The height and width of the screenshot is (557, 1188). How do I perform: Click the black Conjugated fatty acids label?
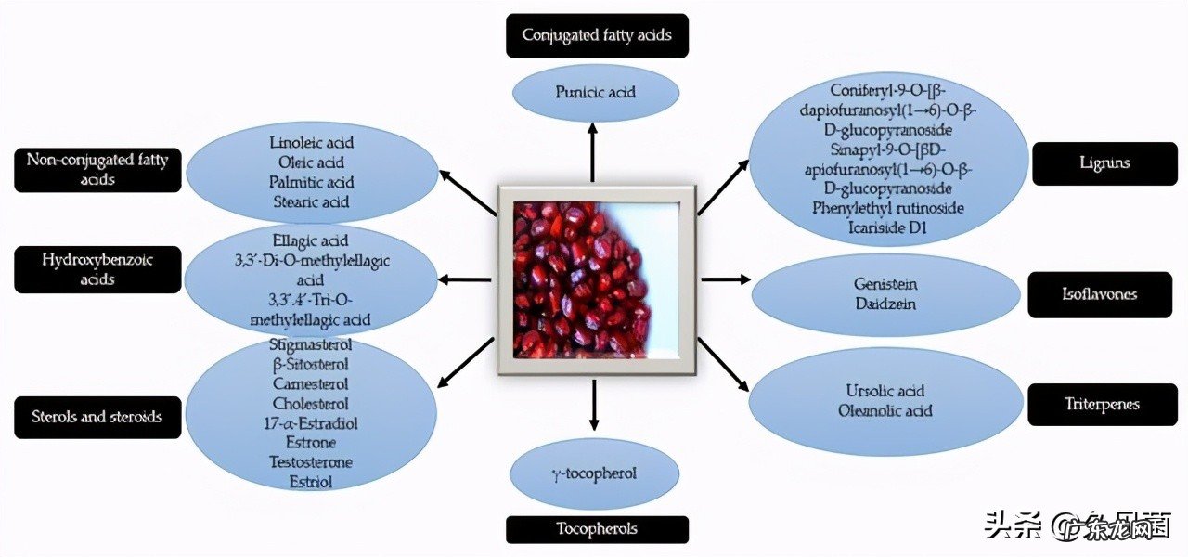(597, 35)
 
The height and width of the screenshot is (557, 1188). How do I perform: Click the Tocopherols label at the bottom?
(597, 529)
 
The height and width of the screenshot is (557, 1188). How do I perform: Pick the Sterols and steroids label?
(98, 417)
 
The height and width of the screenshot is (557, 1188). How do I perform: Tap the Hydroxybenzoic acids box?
(97, 269)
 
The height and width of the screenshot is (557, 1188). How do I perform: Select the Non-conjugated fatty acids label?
(97, 169)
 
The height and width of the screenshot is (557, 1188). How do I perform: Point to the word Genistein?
(879, 284)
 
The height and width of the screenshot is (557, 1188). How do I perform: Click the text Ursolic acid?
(885, 391)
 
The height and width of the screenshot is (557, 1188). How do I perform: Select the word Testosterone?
(311, 462)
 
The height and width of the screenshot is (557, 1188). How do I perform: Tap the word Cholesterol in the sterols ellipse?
(311, 404)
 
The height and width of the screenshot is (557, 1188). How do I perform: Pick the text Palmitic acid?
(312, 182)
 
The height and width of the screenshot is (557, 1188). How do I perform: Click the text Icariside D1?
(886, 227)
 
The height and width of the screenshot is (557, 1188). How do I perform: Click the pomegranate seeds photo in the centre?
(597, 279)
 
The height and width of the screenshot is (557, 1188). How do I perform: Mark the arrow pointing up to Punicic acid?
(593, 153)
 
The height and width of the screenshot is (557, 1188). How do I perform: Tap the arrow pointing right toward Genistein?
(725, 278)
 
